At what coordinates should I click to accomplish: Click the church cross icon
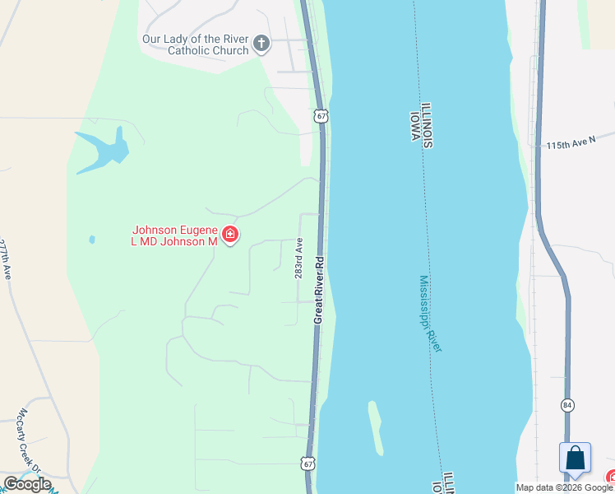click(261, 43)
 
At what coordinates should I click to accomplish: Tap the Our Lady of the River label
click(195, 44)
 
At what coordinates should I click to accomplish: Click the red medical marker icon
click(230, 235)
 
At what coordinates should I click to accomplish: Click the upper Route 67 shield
click(321, 116)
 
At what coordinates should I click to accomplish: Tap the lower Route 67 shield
click(307, 464)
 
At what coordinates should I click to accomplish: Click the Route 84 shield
click(567, 405)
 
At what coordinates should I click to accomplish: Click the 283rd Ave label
click(300, 259)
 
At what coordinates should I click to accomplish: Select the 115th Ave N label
click(571, 143)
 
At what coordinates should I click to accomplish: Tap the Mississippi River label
click(430, 314)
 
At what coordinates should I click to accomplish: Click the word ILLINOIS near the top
click(427, 126)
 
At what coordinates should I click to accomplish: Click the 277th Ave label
click(6, 260)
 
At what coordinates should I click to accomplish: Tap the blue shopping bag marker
click(575, 458)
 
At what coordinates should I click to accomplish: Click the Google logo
click(27, 484)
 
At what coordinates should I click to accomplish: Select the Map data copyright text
click(564, 487)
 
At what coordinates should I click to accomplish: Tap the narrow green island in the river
click(375, 427)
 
